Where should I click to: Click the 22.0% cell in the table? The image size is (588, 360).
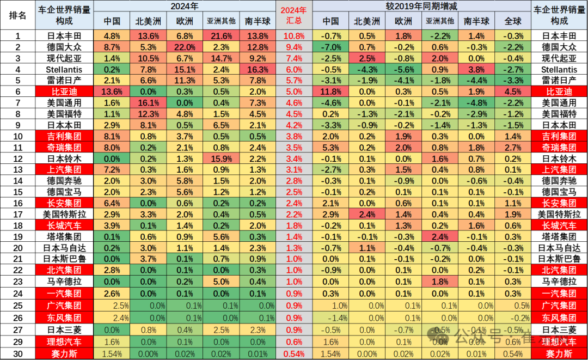(x=184, y=47)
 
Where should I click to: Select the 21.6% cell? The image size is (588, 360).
(x=221, y=36)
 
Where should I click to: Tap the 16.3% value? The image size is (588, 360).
(x=258, y=69)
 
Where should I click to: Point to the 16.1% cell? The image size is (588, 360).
(x=148, y=103)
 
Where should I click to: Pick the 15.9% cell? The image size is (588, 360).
(x=221, y=158)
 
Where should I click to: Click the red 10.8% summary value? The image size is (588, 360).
(x=293, y=36)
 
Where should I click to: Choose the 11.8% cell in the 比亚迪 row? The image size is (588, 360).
(x=330, y=91)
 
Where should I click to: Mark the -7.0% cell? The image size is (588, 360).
(x=330, y=47)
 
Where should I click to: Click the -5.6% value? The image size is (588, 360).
(x=403, y=69)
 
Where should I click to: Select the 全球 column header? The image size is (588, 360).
(x=512, y=21)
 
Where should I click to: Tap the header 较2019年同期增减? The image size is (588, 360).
(x=422, y=7)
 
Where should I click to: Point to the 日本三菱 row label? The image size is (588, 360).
(x=560, y=330)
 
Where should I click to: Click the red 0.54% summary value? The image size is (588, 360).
(x=293, y=354)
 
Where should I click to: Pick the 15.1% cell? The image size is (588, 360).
(x=184, y=69)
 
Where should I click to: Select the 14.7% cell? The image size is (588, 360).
(x=221, y=58)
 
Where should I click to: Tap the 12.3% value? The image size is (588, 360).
(x=148, y=114)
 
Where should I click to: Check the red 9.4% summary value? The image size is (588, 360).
(x=293, y=47)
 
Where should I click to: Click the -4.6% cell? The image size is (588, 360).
(x=330, y=103)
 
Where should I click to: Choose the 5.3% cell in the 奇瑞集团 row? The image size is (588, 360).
(x=330, y=147)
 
